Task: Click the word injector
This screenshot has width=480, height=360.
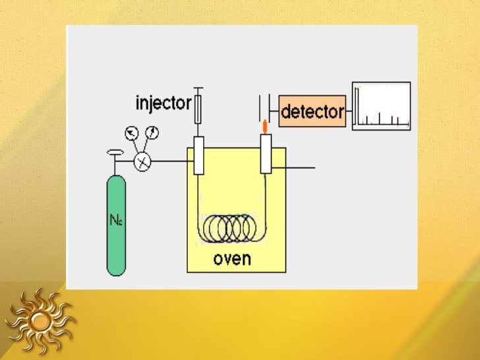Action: point(163,104)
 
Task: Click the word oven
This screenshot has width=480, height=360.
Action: point(232,258)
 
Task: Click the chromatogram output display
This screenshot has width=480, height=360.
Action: point(381,105)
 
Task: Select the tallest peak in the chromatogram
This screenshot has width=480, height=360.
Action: point(357,105)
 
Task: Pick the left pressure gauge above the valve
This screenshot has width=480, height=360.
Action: point(134,134)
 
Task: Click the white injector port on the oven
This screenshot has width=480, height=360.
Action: point(198,155)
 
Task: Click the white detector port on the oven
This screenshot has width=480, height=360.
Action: point(266,154)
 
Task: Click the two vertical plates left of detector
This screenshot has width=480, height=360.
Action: point(264,105)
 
